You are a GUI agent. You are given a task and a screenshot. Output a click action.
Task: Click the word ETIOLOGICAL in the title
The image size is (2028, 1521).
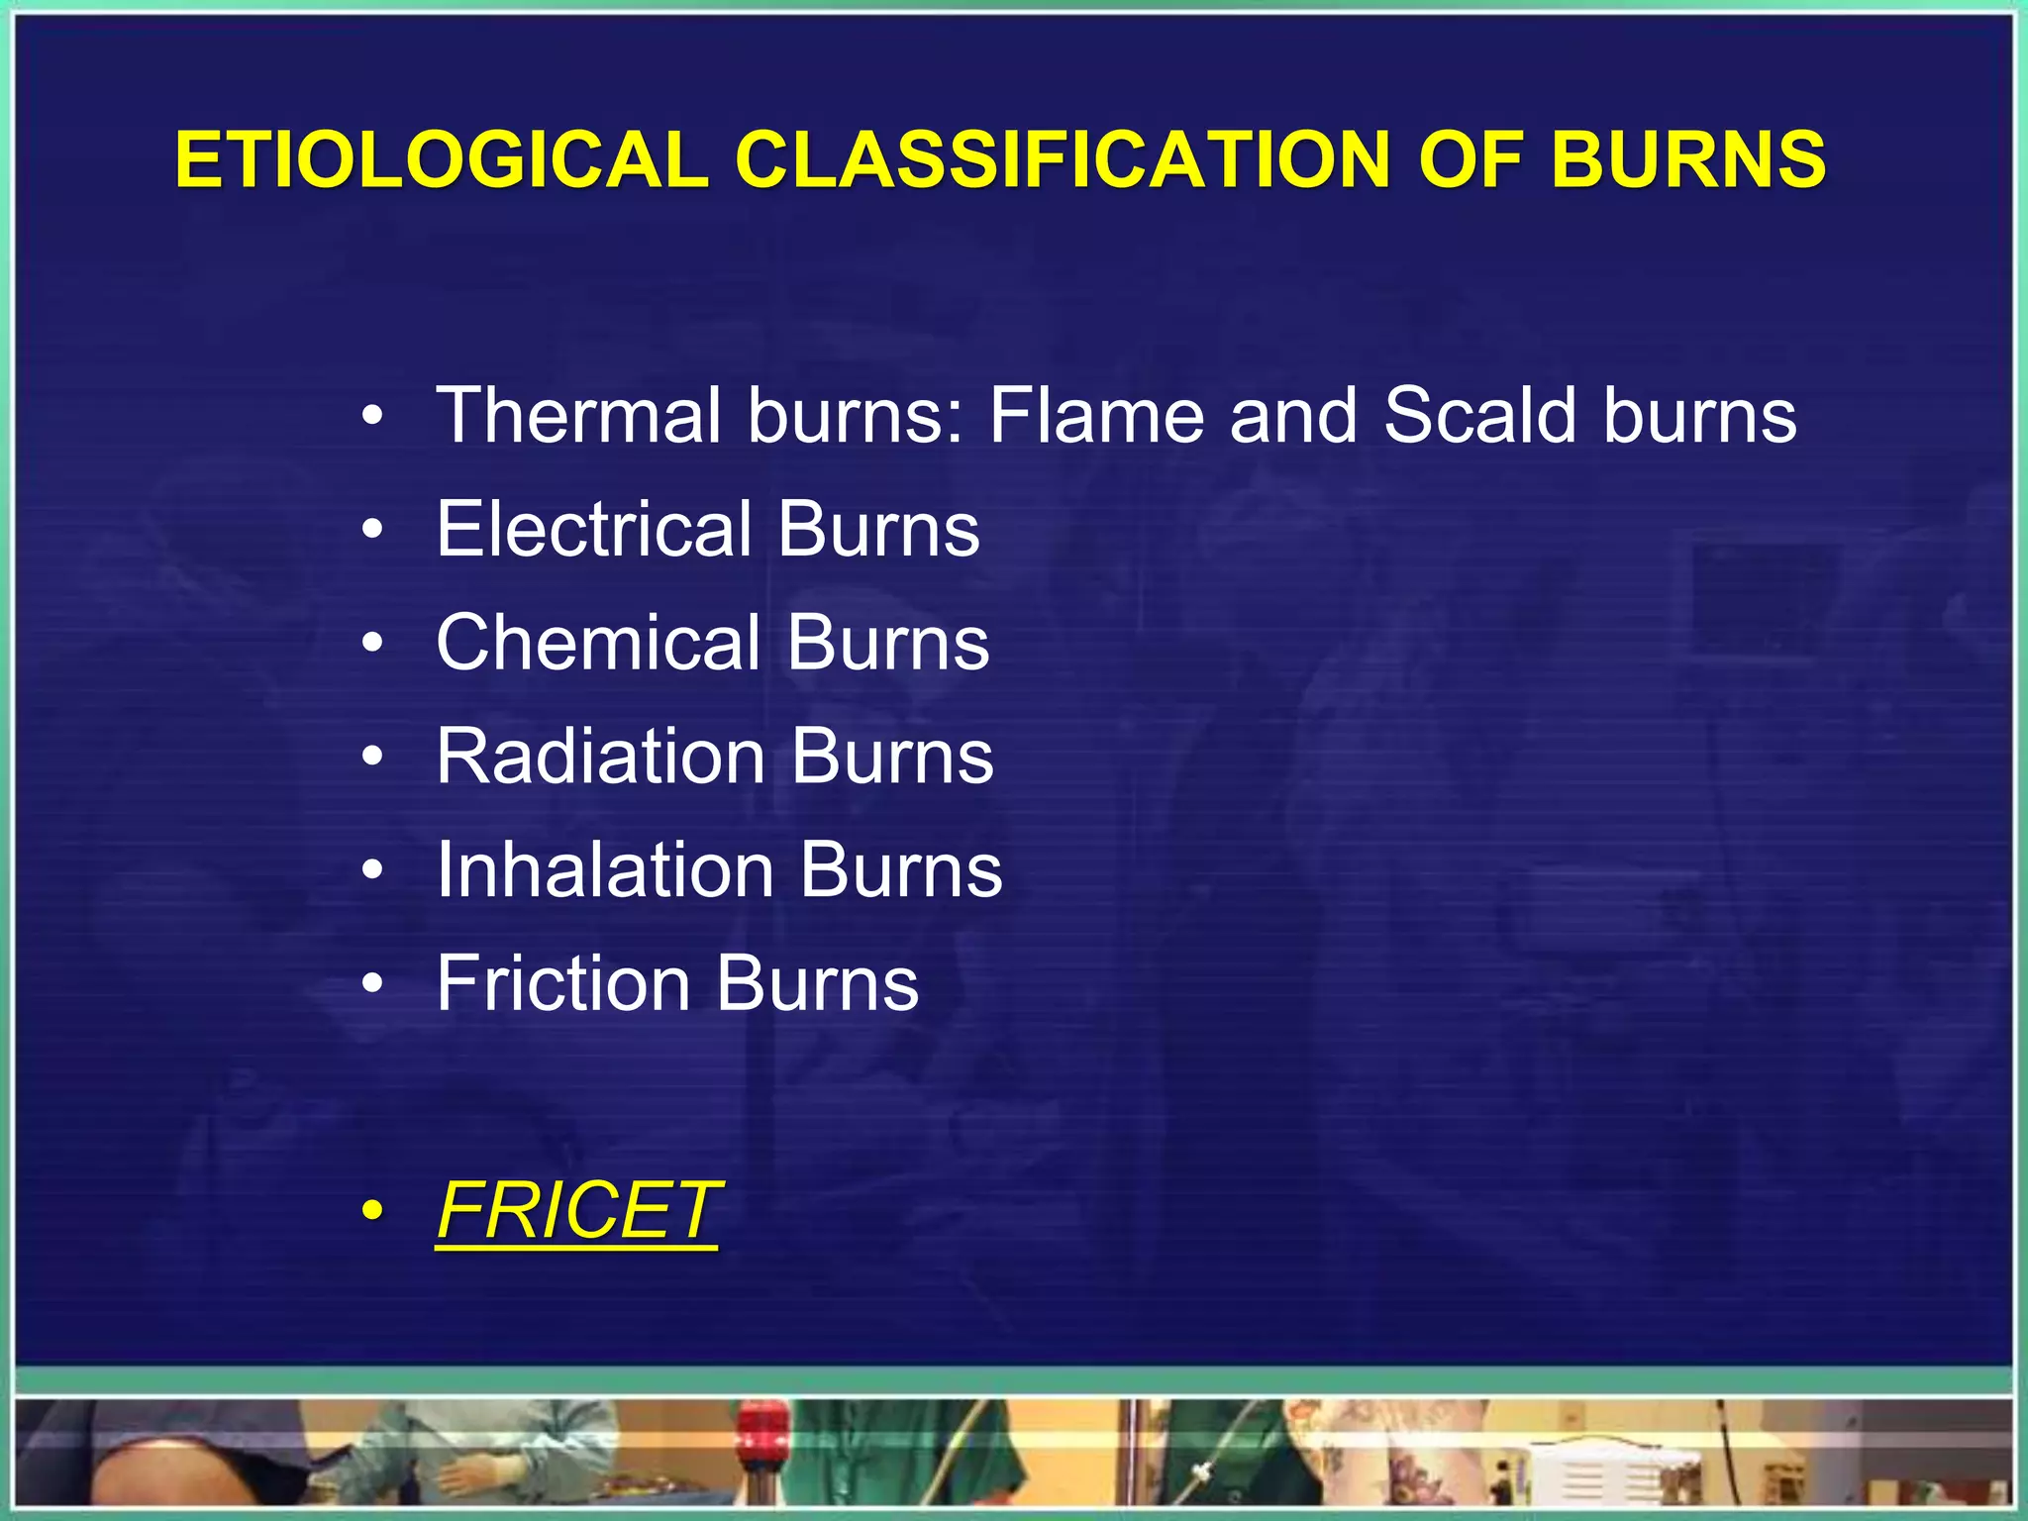click(442, 159)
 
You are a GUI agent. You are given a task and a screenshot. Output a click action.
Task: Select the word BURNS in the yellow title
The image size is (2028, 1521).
click(1688, 159)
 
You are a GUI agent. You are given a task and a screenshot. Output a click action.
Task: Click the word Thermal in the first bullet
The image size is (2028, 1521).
click(578, 415)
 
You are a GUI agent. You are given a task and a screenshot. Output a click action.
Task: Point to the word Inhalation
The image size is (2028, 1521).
click(604, 870)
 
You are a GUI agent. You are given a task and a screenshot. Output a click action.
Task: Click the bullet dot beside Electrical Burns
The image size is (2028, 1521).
click(372, 531)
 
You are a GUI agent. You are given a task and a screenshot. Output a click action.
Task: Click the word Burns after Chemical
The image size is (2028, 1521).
click(888, 643)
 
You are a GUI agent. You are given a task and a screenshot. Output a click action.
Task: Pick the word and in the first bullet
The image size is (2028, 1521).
click(1293, 415)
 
